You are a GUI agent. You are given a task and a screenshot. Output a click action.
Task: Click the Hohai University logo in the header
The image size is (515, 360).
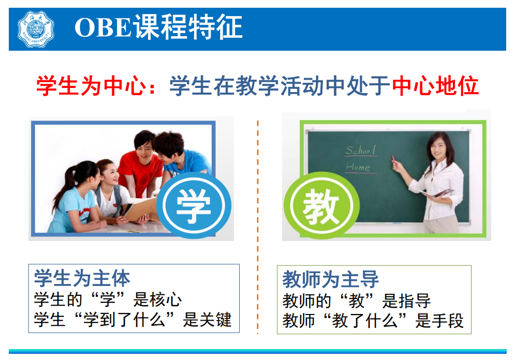click(x=36, y=29)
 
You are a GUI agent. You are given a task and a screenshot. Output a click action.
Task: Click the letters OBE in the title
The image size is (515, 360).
click(x=104, y=27)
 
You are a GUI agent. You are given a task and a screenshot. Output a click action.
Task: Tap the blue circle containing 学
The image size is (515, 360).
click(x=194, y=205)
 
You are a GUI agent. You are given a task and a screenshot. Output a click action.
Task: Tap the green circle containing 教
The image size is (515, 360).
click(x=321, y=206)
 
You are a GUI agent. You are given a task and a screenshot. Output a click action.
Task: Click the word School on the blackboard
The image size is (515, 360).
click(x=361, y=151)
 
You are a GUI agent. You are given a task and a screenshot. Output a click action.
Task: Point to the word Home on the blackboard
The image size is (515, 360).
click(x=358, y=167)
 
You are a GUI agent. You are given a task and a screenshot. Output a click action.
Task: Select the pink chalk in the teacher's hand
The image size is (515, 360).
click(x=393, y=159)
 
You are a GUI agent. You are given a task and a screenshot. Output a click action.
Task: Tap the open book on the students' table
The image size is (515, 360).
click(x=140, y=209)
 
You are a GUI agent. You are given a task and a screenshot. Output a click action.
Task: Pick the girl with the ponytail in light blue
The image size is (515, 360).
click(x=76, y=197)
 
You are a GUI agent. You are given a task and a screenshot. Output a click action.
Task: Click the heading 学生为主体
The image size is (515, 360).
click(x=82, y=279)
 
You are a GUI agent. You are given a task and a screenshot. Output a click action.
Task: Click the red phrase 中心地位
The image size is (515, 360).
click(x=435, y=86)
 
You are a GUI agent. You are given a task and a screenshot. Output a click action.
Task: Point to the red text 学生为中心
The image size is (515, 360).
click(x=91, y=86)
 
